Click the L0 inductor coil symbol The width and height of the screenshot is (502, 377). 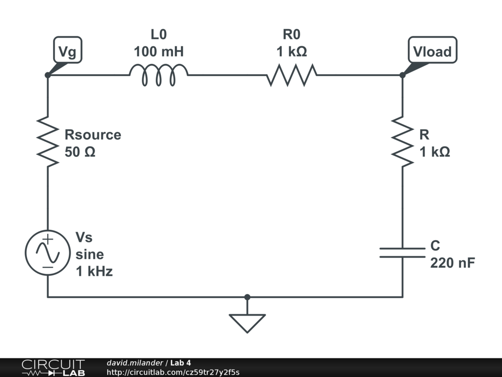click(158, 76)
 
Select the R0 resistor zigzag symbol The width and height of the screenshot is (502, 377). click(292, 76)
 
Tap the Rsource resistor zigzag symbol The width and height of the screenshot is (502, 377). click(48, 140)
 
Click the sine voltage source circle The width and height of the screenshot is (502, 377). click(48, 252)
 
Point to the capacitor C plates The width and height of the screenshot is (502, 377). click(402, 252)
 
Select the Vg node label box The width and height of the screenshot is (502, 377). click(67, 52)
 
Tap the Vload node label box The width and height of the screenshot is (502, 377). click(432, 52)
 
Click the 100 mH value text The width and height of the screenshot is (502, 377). click(158, 51)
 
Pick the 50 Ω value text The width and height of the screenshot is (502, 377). click(80, 152)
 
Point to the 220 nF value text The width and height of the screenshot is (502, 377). click(452, 263)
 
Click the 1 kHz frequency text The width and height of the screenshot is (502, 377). click(94, 271)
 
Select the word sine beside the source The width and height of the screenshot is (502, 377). click(89, 254)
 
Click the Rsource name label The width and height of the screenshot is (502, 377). click(93, 135)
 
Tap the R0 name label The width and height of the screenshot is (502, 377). click(291, 34)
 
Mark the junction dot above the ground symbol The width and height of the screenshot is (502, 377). click(247, 297)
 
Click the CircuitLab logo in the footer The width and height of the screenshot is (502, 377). click(52, 368)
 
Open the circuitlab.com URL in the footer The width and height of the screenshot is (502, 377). click(173, 372)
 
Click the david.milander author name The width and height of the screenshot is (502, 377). click(135, 363)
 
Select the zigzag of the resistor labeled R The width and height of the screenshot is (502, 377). click(402, 140)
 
